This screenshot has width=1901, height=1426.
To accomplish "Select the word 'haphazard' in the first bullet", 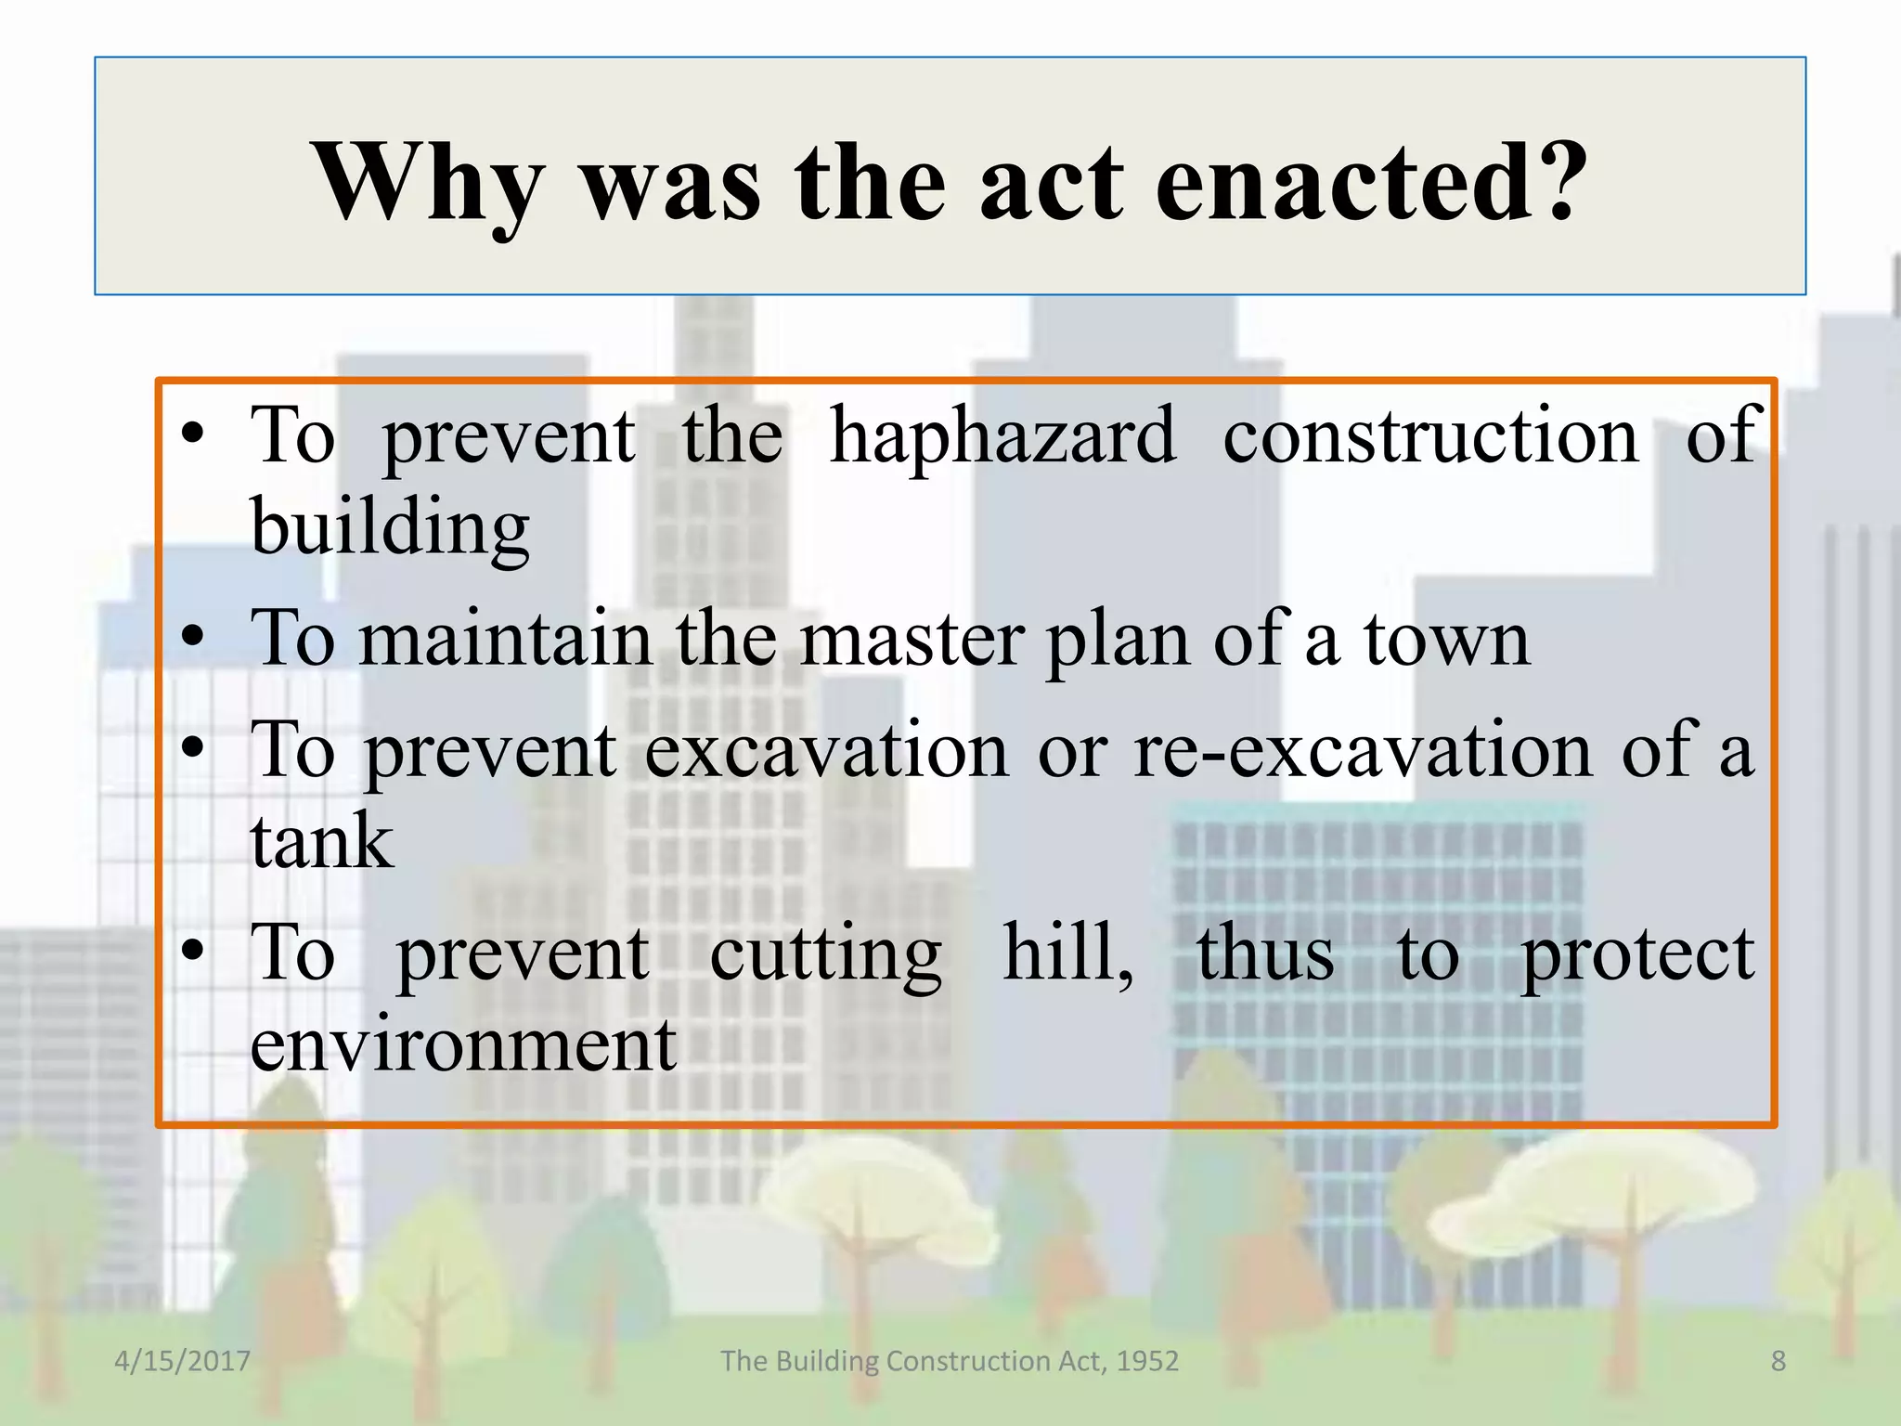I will pyautogui.click(x=1003, y=436).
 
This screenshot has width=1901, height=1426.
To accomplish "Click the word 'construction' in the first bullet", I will pyautogui.click(x=1430, y=436).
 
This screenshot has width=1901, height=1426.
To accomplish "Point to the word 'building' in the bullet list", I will pyautogui.click(x=390, y=527).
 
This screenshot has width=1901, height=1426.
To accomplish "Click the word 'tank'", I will pyautogui.click(x=322, y=841).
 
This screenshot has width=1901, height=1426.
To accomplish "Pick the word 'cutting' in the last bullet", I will pyautogui.click(x=825, y=954).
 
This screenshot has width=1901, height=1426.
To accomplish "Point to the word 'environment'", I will pyautogui.click(x=463, y=1045).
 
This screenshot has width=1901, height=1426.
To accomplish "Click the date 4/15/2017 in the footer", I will pyautogui.click(x=182, y=1361).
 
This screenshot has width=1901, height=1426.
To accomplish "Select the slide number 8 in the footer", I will pyautogui.click(x=1778, y=1361).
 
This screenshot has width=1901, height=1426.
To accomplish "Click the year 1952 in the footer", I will pyautogui.click(x=1147, y=1361).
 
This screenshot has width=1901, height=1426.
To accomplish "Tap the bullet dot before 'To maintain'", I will pyautogui.click(x=192, y=638).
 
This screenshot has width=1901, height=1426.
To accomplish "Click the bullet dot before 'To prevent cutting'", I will pyautogui.click(x=192, y=951).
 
